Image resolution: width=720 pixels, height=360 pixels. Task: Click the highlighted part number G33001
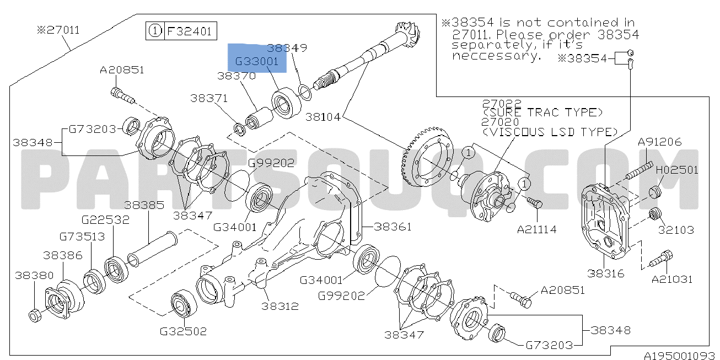(257, 61)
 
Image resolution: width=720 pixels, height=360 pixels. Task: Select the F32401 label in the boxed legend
(189, 31)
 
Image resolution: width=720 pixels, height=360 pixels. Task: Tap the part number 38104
(323, 117)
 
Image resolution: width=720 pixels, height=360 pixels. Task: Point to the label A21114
(536, 229)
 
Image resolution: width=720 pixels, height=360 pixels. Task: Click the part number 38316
(605, 273)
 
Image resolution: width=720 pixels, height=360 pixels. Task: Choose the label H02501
(677, 170)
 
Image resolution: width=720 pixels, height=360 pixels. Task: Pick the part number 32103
(676, 230)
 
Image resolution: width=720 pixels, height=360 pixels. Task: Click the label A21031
(672, 279)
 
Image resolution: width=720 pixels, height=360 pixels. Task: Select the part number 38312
(280, 306)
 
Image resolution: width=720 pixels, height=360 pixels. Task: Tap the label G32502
(183, 331)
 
